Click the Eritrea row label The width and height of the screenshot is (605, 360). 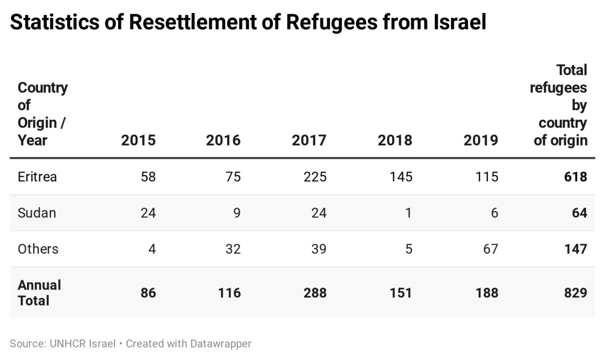(38, 177)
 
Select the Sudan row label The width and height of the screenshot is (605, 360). (37, 213)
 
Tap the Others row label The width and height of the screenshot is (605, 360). (38, 249)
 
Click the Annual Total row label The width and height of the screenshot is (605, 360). (39, 292)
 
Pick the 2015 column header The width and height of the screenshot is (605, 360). (138, 140)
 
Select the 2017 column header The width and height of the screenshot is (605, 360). (309, 140)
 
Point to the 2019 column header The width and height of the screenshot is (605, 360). (481, 140)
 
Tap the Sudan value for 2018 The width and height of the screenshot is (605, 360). (409, 213)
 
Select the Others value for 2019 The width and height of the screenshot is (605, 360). (490, 249)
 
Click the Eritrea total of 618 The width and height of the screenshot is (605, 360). (575, 177)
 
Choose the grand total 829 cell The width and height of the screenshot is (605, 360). (575, 292)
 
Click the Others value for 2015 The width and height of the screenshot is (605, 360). (151, 249)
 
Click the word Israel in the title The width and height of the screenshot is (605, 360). (458, 22)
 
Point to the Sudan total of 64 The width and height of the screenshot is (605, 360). (579, 213)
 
